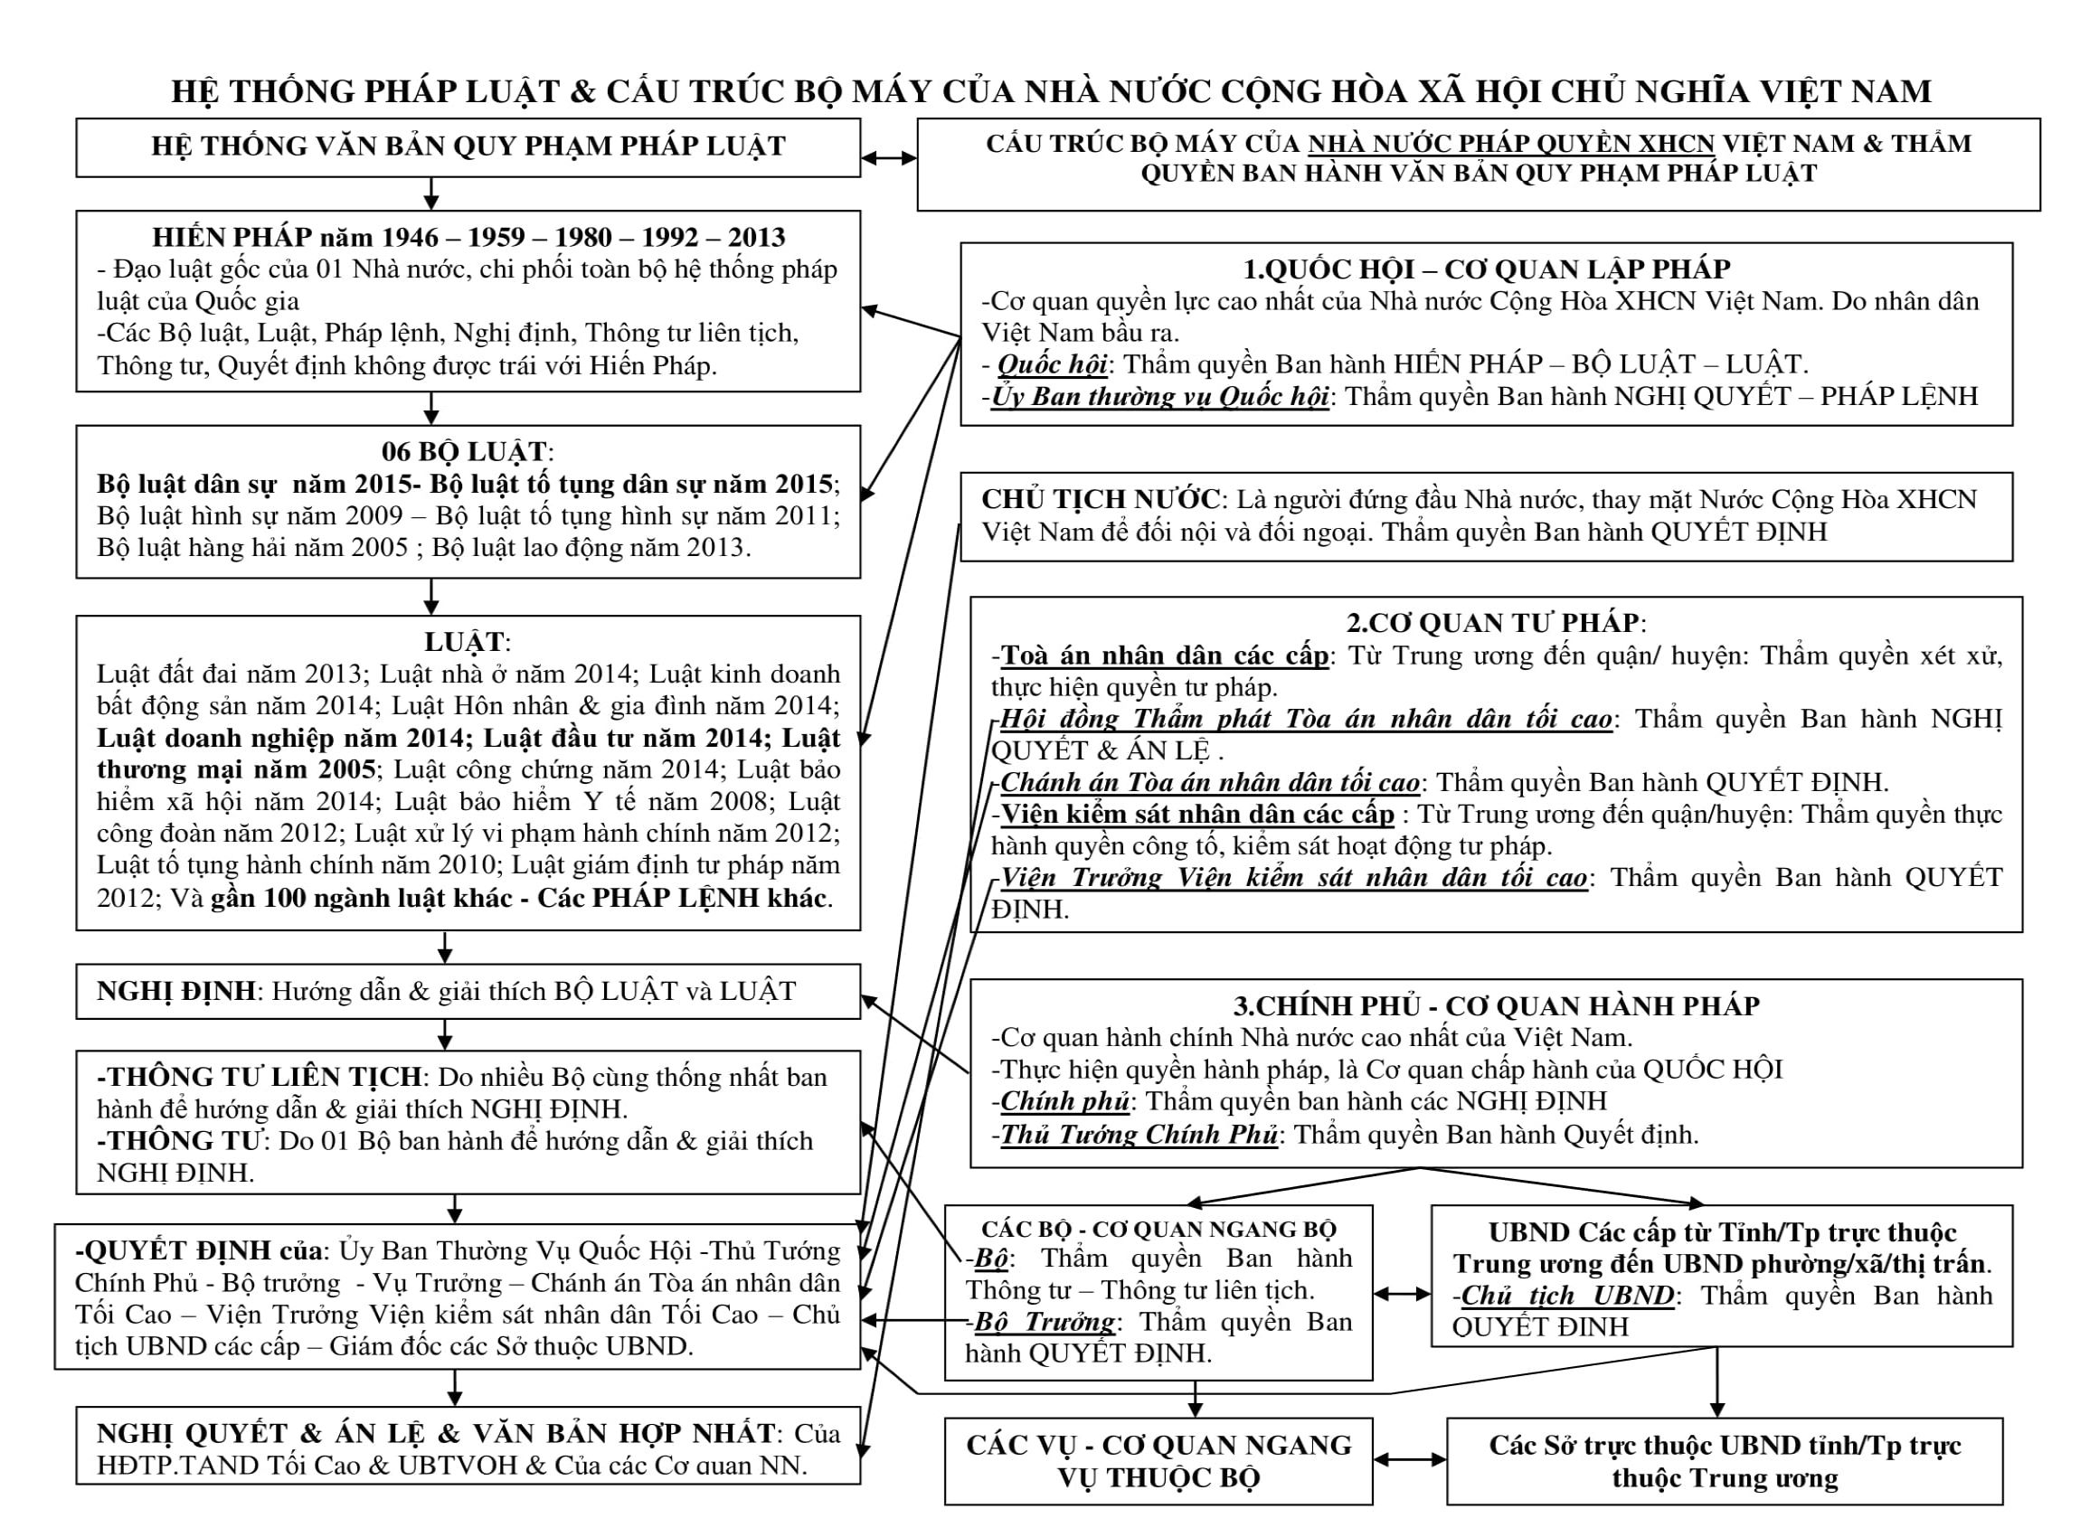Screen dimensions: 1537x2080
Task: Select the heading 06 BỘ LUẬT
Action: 466,452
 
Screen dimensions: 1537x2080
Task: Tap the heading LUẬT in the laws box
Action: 465,642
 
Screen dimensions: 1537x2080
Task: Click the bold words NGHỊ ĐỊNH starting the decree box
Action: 175,991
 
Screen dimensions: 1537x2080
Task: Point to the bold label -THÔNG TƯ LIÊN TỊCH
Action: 260,1077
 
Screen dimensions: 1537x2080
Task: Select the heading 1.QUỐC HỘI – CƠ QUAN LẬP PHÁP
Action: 1486,269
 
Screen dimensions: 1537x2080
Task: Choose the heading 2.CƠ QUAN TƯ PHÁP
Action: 1495,622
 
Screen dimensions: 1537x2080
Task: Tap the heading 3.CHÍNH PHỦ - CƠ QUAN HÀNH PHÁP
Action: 1496,1005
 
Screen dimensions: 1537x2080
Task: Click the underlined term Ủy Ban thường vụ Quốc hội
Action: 1159,396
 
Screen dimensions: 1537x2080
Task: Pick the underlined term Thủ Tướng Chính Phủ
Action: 1139,1134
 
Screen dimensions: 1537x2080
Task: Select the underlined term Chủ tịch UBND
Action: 1567,1295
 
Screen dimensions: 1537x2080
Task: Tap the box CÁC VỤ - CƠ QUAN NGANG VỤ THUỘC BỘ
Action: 1158,1461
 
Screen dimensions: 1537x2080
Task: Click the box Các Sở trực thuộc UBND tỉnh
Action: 1724,1461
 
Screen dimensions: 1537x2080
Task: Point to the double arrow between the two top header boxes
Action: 889,158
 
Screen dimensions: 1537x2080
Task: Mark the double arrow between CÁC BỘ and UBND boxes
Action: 1402,1293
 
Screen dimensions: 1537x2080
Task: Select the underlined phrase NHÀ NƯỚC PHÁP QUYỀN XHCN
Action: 1510,145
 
